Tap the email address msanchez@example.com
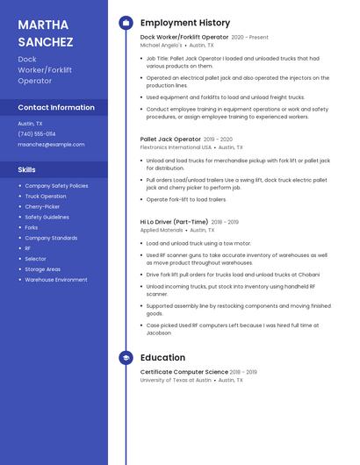[x=52, y=144]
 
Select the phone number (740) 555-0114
[x=37, y=134]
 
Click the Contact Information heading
[x=56, y=108]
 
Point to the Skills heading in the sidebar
[x=27, y=169]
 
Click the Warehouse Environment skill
[x=56, y=280]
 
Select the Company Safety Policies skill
[x=56, y=186]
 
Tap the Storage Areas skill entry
[x=42, y=269]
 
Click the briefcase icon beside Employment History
[x=126, y=23]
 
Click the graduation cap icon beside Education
[x=126, y=358]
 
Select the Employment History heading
[x=185, y=23]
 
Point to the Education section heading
[x=162, y=358]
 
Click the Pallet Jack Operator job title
[x=170, y=139]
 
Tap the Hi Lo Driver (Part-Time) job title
[x=174, y=222]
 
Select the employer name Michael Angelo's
[x=162, y=45]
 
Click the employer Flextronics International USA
[x=176, y=147]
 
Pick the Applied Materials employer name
[x=162, y=230]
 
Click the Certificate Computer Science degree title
[x=184, y=372]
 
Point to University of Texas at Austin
[x=176, y=380]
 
